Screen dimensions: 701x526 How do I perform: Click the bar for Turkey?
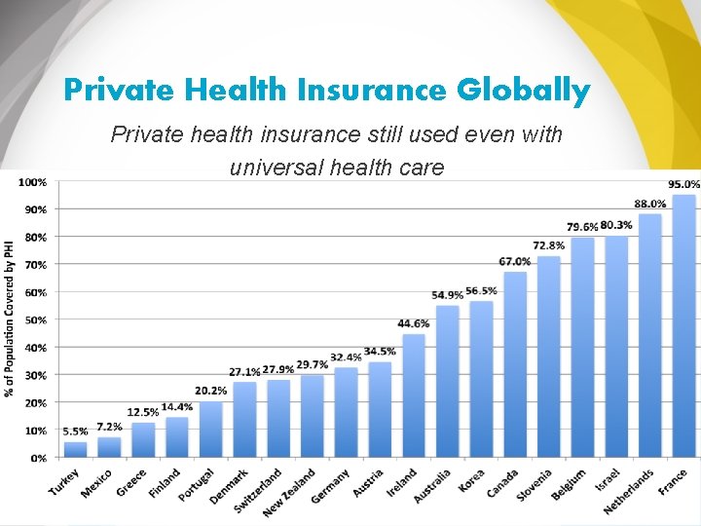tap(76, 449)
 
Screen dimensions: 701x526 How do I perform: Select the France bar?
tap(684, 326)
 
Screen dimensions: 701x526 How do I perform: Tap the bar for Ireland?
tap(414, 395)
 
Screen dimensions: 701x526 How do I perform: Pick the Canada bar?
tap(515, 364)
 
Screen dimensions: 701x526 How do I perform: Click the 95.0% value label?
tap(684, 184)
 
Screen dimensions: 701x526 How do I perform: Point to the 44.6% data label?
tap(414, 323)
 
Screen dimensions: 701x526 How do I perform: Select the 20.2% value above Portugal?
tap(210, 391)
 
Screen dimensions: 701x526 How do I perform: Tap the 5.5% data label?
tap(75, 432)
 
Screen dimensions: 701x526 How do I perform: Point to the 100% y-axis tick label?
tap(33, 182)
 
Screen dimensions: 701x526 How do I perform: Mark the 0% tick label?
tap(38, 458)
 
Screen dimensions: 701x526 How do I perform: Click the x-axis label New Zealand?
tap(289, 493)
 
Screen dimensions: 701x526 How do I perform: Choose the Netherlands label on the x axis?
tap(629, 492)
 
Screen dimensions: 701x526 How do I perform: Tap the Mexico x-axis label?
tap(96, 483)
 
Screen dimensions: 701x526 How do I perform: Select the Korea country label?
tap(471, 481)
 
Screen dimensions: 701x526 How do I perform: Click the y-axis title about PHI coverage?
tap(10, 319)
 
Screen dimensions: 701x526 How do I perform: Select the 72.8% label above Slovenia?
tap(548, 245)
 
